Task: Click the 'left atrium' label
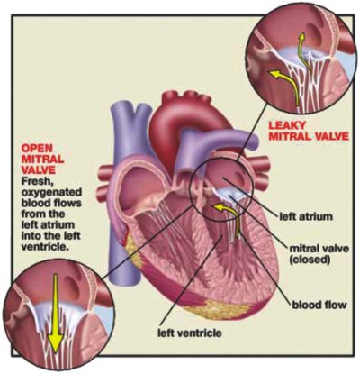click(306, 216)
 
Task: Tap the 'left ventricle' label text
click(190, 333)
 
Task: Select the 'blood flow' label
click(319, 306)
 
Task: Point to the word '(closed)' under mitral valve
click(310, 260)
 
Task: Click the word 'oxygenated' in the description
click(51, 193)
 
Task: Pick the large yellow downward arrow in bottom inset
click(56, 315)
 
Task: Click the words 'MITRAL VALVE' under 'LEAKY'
click(309, 136)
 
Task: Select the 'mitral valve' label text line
click(319, 249)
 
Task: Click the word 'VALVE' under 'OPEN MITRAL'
click(39, 169)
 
